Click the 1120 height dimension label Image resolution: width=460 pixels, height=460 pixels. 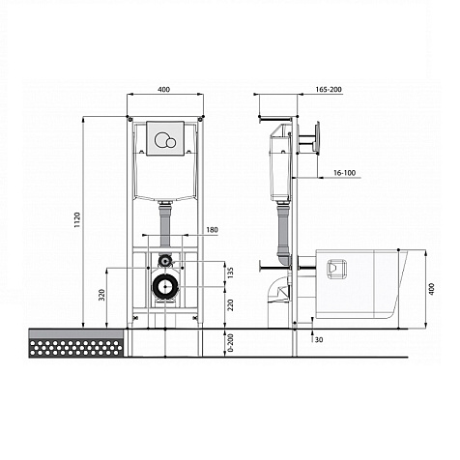pyautogui.click(x=77, y=220)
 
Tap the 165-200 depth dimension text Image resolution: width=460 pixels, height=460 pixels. pyautogui.click(x=329, y=89)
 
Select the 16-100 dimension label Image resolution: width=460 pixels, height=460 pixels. pyautogui.click(x=344, y=173)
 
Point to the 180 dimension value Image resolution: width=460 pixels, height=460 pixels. pyautogui.click(x=212, y=230)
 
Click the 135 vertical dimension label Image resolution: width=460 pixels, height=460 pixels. pyautogui.click(x=230, y=273)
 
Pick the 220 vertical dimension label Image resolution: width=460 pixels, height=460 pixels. pyautogui.click(x=230, y=305)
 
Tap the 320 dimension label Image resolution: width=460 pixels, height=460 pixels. pyautogui.click(x=101, y=295)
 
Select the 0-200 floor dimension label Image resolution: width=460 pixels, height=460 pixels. pyautogui.click(x=230, y=343)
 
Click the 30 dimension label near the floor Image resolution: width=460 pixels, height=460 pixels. pyautogui.click(x=319, y=339)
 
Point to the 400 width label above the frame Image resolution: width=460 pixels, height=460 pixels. pyautogui.click(x=163, y=89)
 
